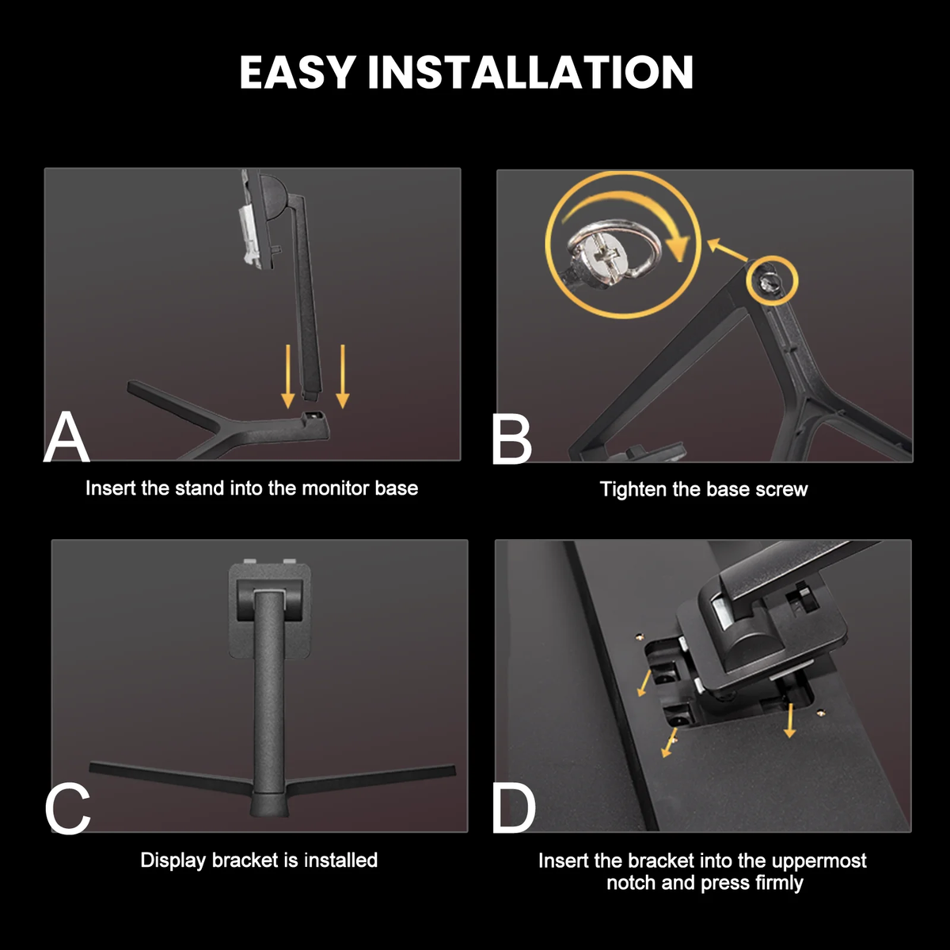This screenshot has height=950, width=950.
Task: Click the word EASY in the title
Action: pos(298,73)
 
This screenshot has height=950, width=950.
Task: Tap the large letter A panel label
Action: pos(66,438)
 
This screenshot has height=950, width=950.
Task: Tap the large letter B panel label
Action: pos(512,439)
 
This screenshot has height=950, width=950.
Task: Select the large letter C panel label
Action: pos(67,810)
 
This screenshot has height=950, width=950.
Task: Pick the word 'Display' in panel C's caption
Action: pos(173,861)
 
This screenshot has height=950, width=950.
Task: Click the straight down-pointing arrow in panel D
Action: pos(790,721)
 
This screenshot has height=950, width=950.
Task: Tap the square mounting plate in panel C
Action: pos(270,611)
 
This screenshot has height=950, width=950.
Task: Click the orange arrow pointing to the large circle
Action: pos(728,250)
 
